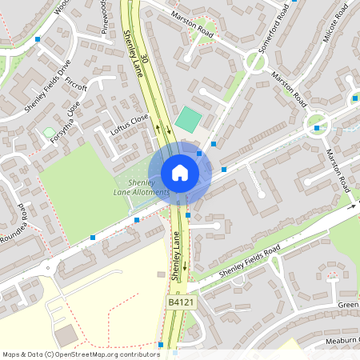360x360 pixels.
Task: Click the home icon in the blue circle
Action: [179, 173]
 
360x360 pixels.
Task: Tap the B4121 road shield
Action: [180, 302]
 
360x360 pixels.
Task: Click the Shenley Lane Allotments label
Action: [143, 187]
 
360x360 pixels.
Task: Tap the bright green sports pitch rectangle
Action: [189, 120]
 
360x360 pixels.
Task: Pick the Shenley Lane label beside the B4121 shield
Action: [177, 254]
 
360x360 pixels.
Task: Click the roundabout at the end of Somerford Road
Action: [255, 62]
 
